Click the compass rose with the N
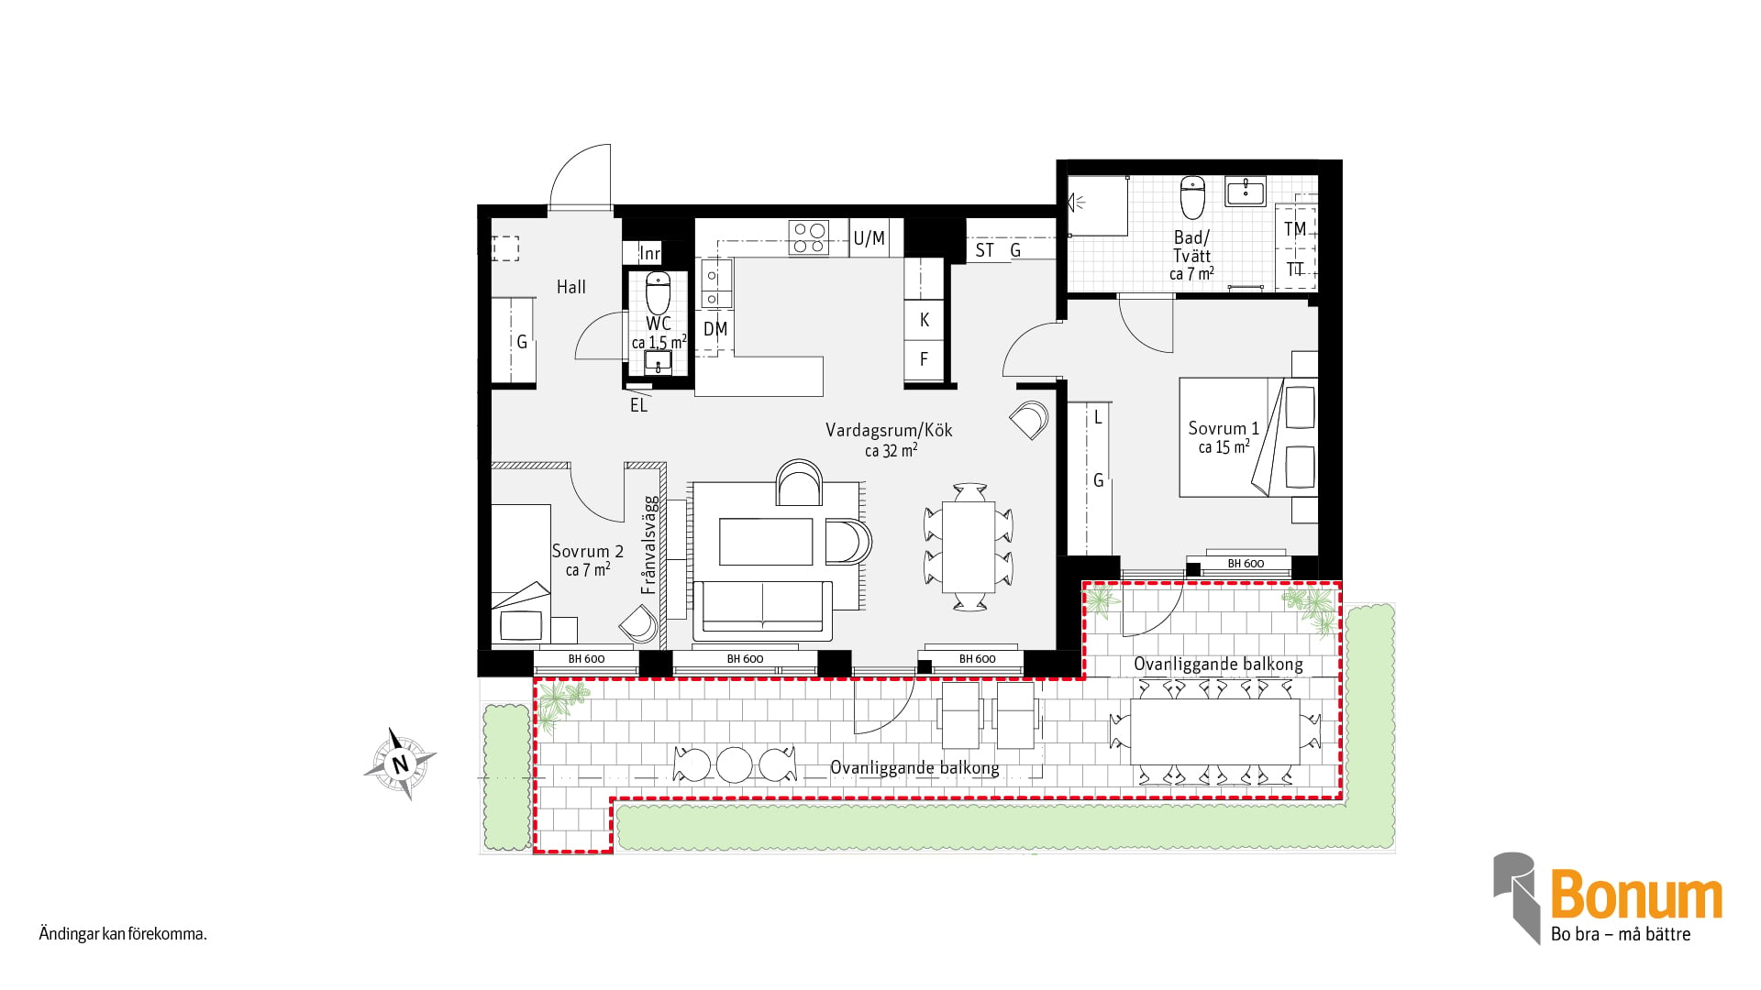tap(400, 764)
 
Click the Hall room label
tap(570, 287)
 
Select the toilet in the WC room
tap(659, 292)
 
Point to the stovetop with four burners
tap(809, 237)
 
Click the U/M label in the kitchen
tap(869, 238)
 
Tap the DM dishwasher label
tap(715, 328)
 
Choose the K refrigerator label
tap(925, 320)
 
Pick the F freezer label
tap(925, 359)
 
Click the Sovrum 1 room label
tap(1224, 428)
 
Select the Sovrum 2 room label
tap(587, 551)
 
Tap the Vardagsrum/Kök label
tap(889, 430)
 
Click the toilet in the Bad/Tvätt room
tap(1192, 197)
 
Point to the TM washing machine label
tap(1295, 228)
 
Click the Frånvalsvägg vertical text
tap(649, 545)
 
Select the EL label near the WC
tap(638, 405)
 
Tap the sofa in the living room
tap(762, 610)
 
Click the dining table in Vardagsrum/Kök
tap(969, 546)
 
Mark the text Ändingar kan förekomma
tap(123, 934)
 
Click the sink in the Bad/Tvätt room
tap(1246, 192)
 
